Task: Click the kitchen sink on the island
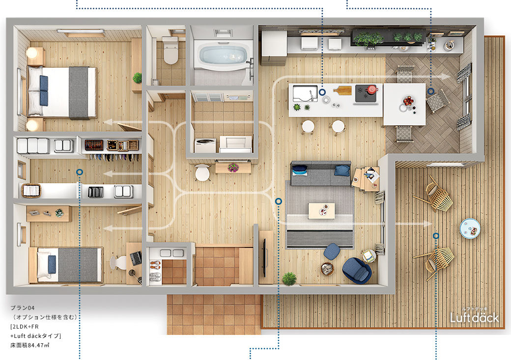[x=305, y=93]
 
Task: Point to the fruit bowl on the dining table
[x=407, y=101]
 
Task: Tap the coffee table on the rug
[x=321, y=211]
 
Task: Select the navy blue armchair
[x=357, y=270]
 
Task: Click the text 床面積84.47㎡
[x=29, y=345]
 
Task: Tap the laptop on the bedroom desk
[x=136, y=258]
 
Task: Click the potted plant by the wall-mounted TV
[x=289, y=279]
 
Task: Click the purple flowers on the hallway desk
[x=233, y=167]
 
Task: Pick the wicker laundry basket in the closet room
[x=31, y=190]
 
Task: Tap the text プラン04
[x=23, y=307]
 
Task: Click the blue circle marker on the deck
[x=436, y=236]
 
